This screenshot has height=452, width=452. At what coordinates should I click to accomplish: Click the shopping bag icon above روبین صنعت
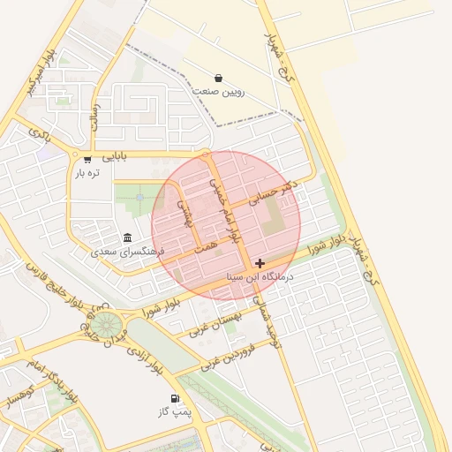(x=218, y=78)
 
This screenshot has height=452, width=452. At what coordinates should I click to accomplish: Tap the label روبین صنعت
(x=219, y=92)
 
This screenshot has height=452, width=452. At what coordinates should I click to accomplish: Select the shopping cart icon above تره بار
(x=87, y=159)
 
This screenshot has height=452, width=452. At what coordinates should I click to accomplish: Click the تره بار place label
(x=87, y=173)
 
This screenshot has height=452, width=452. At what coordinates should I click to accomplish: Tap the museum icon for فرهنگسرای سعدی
(x=128, y=237)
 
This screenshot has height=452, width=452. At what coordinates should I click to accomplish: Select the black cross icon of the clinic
(x=260, y=263)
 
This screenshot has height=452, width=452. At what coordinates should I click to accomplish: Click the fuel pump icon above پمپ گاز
(x=175, y=398)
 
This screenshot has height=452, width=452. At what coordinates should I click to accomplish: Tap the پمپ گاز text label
(x=174, y=412)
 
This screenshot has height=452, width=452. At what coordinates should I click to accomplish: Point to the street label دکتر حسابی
(x=275, y=193)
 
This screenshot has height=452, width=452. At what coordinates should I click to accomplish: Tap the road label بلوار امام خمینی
(x=224, y=208)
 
